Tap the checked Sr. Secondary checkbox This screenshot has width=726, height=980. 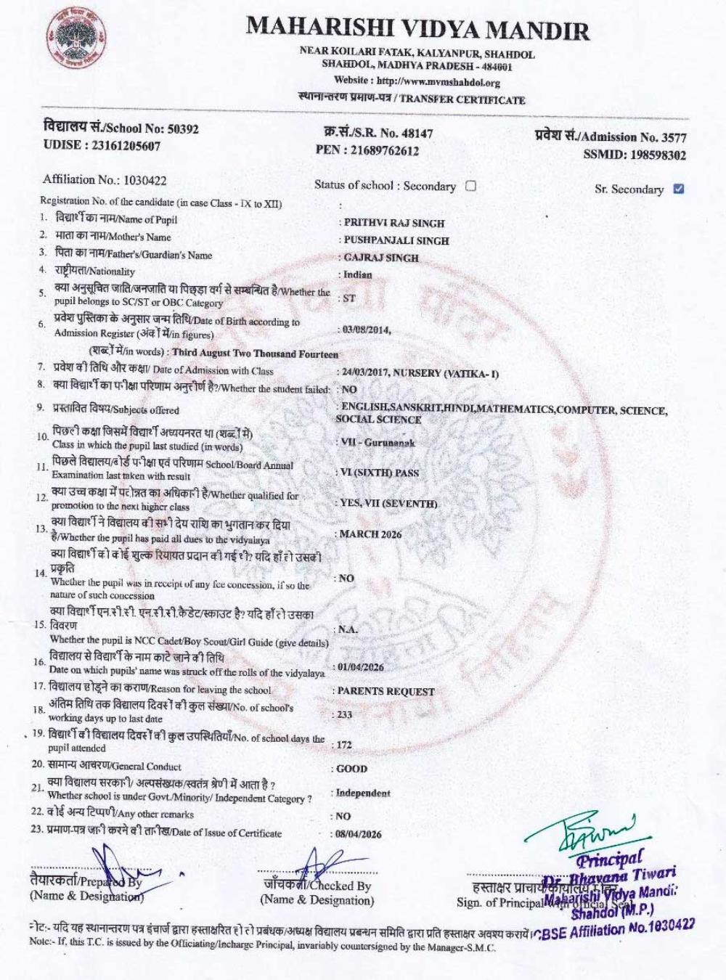(679, 189)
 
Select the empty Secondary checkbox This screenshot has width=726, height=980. (470, 186)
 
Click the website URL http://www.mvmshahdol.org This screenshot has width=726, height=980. (439, 82)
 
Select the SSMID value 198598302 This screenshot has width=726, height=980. (658, 155)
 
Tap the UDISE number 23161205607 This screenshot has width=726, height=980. (126, 145)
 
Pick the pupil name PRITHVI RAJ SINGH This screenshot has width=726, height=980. (393, 223)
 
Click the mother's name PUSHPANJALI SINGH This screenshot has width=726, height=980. (396, 240)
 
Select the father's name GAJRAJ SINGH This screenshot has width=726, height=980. (381, 258)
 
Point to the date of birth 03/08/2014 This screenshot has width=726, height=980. (367, 330)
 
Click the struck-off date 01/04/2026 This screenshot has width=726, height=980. (360, 666)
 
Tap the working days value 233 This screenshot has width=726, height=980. (345, 714)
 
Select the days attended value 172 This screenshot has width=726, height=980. (344, 745)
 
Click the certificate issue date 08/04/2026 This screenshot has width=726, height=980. (359, 834)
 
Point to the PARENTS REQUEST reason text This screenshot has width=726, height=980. (386, 691)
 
